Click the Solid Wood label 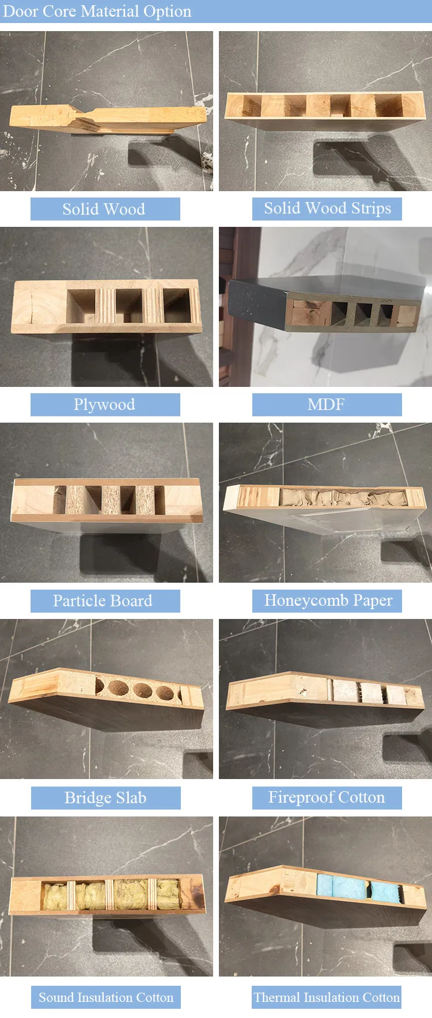coord(105,209)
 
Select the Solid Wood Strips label coord(327,208)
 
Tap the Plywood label coord(105,405)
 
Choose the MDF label coord(327,405)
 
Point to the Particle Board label coord(105,601)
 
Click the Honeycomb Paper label coord(327,601)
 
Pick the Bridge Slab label coord(105,798)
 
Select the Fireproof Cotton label coord(327,797)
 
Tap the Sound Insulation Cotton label coord(105,997)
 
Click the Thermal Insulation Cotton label coord(327,997)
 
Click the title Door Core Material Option coord(97,12)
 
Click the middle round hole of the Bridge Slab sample coord(142,690)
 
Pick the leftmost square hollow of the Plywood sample coord(81,305)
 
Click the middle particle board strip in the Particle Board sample coord(111,499)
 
